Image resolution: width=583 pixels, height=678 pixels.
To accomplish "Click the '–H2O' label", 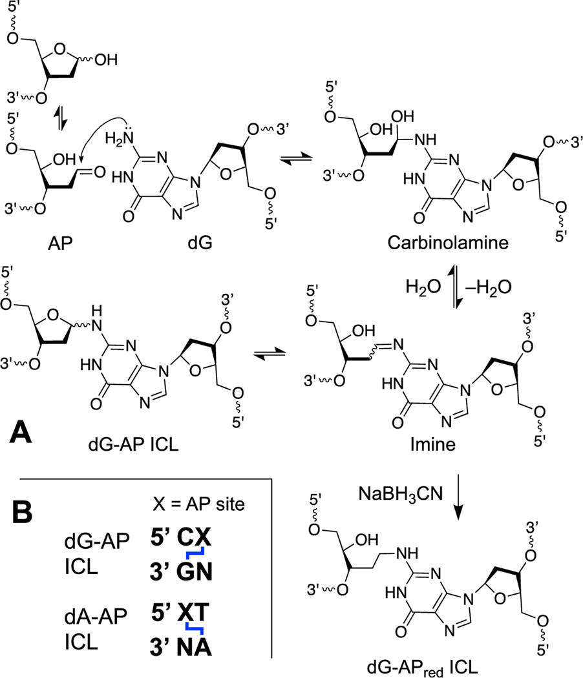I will coord(475,285).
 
